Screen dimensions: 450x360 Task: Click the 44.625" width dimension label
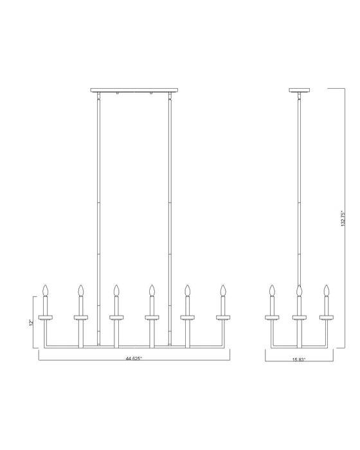pos(134,360)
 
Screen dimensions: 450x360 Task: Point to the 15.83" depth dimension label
pos(300,360)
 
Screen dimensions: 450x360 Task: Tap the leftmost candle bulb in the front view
pos(46,291)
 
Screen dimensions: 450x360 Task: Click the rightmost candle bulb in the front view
pos(223,291)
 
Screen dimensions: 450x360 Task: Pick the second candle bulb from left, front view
pos(81,291)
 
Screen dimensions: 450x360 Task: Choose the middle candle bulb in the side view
pos(300,291)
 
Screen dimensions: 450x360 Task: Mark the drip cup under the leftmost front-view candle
pos(46,317)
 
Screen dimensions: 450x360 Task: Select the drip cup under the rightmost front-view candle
pos(223,317)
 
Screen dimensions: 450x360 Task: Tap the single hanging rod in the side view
pos(300,193)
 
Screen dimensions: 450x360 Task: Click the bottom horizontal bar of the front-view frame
pos(134,346)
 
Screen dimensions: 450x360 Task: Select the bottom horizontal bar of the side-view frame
pos(300,346)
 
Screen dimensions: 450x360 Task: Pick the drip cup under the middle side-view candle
pos(300,317)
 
